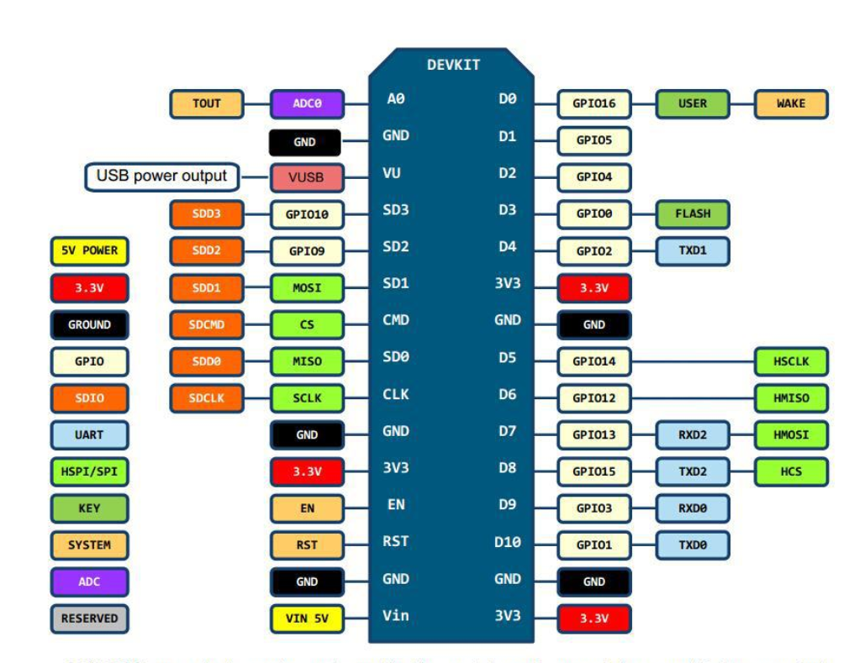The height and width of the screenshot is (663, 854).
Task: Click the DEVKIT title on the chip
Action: point(453,65)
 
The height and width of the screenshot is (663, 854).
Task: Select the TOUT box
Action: point(207,103)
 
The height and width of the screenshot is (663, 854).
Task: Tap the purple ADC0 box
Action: point(307,104)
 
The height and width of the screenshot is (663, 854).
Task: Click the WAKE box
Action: point(791,103)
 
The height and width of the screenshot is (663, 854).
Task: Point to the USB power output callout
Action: point(161,176)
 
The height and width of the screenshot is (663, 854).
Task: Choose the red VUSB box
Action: point(307,177)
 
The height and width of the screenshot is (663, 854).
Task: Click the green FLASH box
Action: point(693,213)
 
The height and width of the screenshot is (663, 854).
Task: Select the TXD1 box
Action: point(693,250)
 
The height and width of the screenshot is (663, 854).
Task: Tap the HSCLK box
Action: point(791,361)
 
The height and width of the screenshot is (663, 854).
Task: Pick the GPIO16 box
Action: point(594,104)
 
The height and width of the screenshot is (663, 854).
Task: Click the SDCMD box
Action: point(207,324)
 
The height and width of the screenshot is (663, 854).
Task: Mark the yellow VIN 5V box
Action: point(307,619)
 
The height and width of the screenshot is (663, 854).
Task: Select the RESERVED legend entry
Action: point(89,618)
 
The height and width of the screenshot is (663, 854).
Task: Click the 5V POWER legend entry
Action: point(89,250)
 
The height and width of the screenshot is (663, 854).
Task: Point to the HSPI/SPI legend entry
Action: point(89,471)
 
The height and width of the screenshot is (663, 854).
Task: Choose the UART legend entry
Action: point(89,435)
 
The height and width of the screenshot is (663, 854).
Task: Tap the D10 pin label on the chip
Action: point(508,542)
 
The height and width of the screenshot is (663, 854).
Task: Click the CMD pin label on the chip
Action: point(396,320)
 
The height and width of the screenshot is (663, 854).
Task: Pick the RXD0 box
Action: point(693,508)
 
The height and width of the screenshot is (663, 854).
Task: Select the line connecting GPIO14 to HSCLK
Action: point(693,362)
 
